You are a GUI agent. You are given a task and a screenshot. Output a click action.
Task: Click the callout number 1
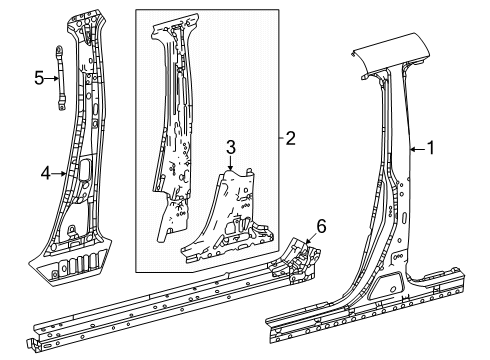pyautogui.click(x=431, y=148)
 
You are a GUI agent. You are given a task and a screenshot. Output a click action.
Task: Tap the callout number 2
pyautogui.click(x=290, y=138)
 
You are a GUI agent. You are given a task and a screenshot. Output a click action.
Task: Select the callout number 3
pyautogui.click(x=231, y=148)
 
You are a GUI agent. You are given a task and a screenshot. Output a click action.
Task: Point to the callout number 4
pyautogui.click(x=45, y=173)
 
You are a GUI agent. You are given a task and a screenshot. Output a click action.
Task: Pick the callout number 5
pyautogui.click(x=39, y=78)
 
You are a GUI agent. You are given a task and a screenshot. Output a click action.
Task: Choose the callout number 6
pyautogui.click(x=321, y=227)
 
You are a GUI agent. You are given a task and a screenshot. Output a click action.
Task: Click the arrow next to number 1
pyautogui.click(x=418, y=149)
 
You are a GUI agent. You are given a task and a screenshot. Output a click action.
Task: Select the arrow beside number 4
pyautogui.click(x=59, y=173)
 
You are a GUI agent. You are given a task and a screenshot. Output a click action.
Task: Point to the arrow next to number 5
pyautogui.click(x=52, y=79)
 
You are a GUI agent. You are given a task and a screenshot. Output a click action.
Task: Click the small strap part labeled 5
pyautogui.click(x=60, y=78)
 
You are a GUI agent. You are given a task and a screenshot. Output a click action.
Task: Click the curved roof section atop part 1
pyautogui.click(x=391, y=52)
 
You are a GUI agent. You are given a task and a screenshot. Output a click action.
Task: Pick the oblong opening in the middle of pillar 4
pyautogui.click(x=84, y=169)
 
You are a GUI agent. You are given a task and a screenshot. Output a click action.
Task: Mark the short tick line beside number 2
pyautogui.click(x=282, y=138)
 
